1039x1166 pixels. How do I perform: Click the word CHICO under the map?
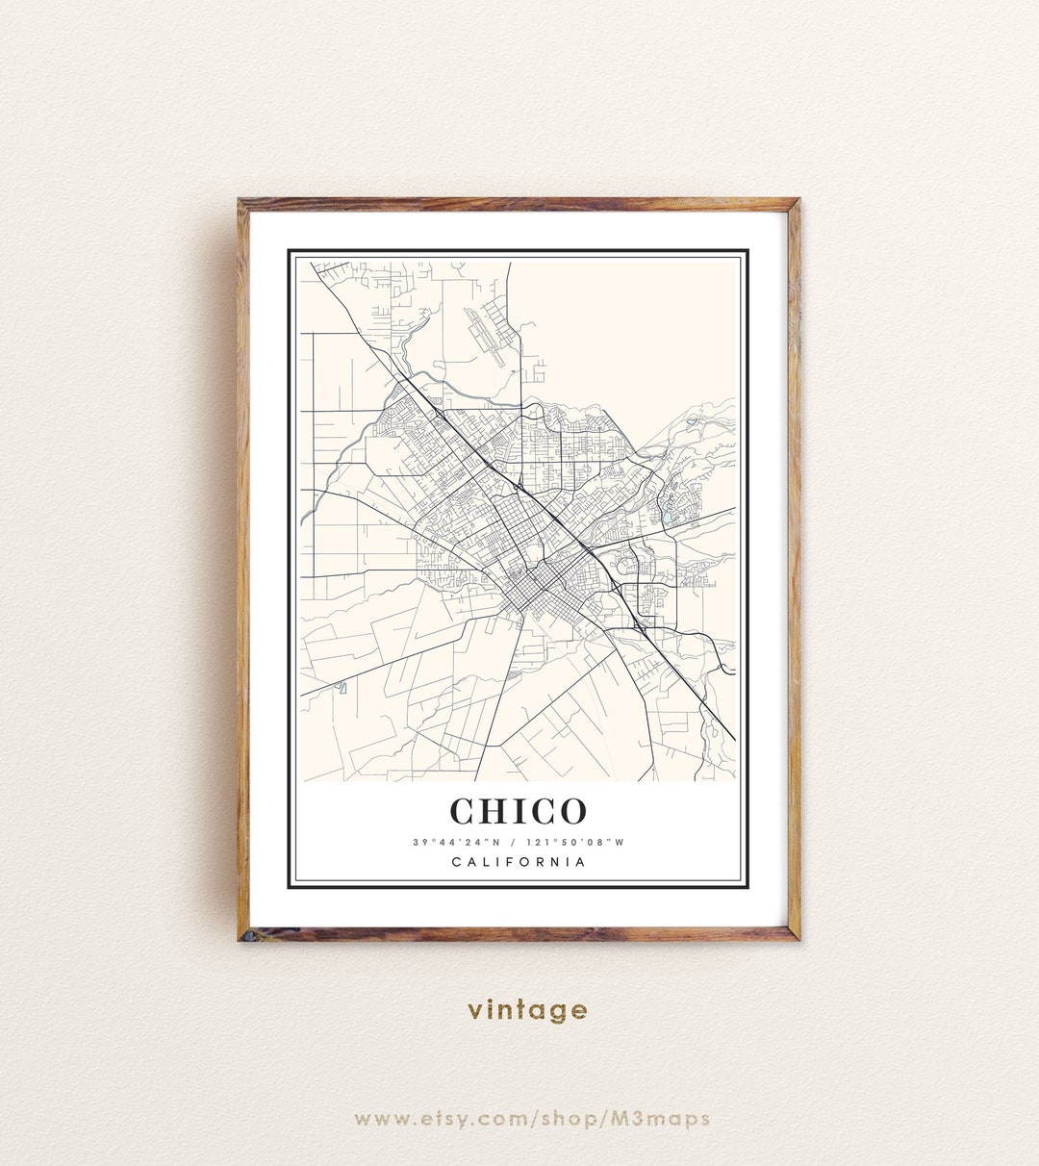click(x=519, y=811)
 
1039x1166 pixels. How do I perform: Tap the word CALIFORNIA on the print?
click(x=519, y=862)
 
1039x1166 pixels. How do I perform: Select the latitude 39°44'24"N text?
click(x=457, y=842)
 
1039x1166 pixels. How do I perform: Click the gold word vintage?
click(x=527, y=1010)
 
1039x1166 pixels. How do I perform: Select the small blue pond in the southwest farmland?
click(x=342, y=687)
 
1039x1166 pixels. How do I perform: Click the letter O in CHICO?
click(x=569, y=811)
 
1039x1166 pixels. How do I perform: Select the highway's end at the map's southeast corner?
click(x=734, y=739)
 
